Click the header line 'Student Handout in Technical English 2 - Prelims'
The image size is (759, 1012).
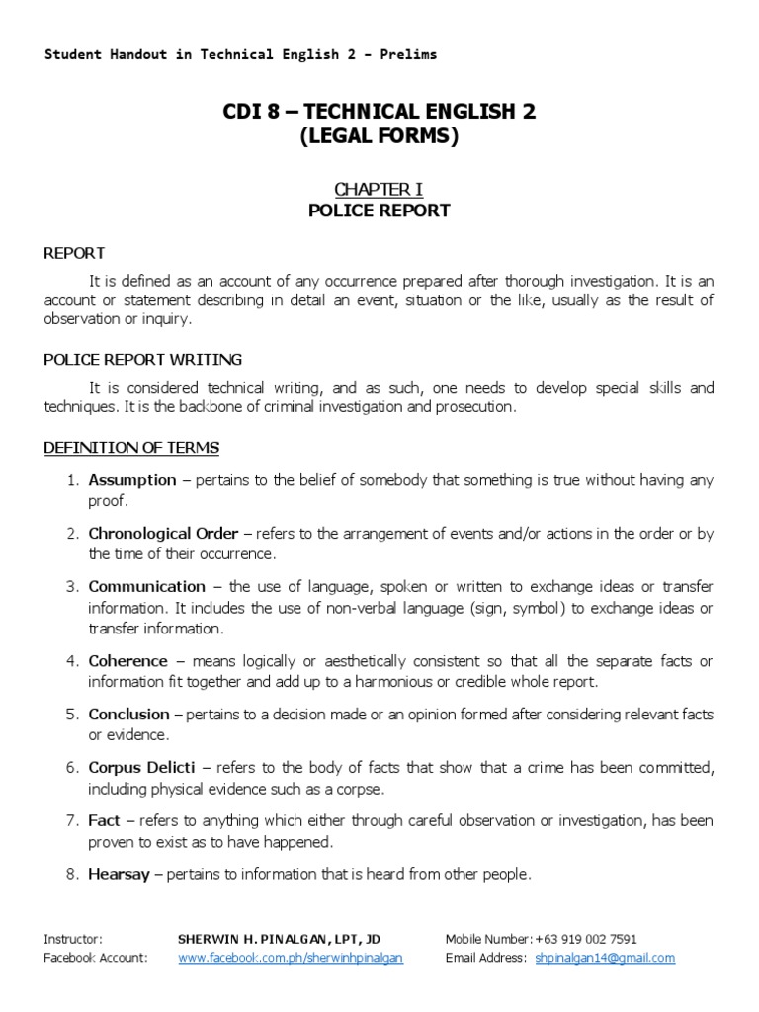click(x=240, y=54)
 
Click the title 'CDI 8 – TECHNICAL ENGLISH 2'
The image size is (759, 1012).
click(x=379, y=112)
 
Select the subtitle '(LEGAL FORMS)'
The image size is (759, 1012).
click(x=379, y=137)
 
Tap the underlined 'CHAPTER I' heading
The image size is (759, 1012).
click(x=379, y=188)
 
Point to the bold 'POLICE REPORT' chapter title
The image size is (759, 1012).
click(x=379, y=210)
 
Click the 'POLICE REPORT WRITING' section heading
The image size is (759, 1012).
click(x=142, y=359)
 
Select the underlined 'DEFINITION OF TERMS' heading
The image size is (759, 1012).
click(x=131, y=448)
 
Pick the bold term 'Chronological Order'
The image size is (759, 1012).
click(x=163, y=534)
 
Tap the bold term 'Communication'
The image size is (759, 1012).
click(x=147, y=587)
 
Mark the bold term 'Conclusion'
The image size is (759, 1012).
click(x=129, y=714)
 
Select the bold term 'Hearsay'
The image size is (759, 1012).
click(x=120, y=874)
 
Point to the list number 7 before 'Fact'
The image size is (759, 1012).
click(x=71, y=820)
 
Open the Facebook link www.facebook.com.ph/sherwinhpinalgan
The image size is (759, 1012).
click(x=291, y=958)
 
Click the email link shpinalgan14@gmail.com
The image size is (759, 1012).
click(x=605, y=958)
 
